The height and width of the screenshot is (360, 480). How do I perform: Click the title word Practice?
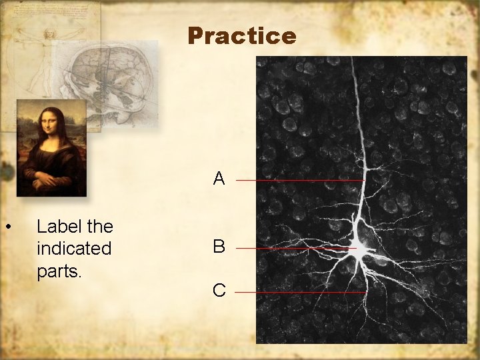point(242,36)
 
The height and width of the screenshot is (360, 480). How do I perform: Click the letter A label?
point(219,179)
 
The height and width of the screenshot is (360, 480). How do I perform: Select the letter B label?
point(219,247)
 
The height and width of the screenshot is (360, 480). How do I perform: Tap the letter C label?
point(219,291)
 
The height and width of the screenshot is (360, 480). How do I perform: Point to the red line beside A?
point(300,180)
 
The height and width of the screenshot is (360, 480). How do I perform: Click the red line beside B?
point(296,248)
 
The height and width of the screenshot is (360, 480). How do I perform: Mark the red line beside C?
point(300,292)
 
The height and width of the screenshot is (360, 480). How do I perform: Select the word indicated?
point(74,249)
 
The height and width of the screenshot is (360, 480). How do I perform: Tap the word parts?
point(59,271)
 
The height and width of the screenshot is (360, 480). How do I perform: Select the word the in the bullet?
point(100,227)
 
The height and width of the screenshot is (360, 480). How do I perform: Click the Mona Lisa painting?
point(51,148)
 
